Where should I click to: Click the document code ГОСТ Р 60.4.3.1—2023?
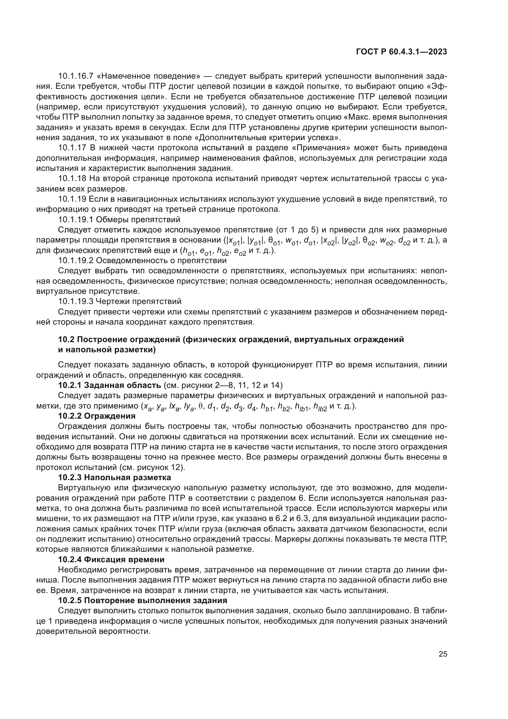pyautogui.click(x=402, y=52)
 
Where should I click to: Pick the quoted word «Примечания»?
pyautogui.click(x=327, y=148)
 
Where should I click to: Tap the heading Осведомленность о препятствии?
pyautogui.click(x=161, y=261)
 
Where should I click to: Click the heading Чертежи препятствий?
pyautogui.click(x=139, y=302)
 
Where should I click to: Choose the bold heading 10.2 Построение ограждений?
pyautogui.click(x=231, y=340)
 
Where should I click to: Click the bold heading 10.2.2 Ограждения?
pyautogui.click(x=97, y=416)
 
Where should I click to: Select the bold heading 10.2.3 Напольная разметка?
pyautogui.click(x=115, y=478)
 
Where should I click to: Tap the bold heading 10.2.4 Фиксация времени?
pyautogui.click(x=111, y=559)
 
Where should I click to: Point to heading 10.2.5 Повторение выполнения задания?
pyautogui.click(x=143, y=600)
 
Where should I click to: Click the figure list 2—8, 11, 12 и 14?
pyautogui.click(x=244, y=385)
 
